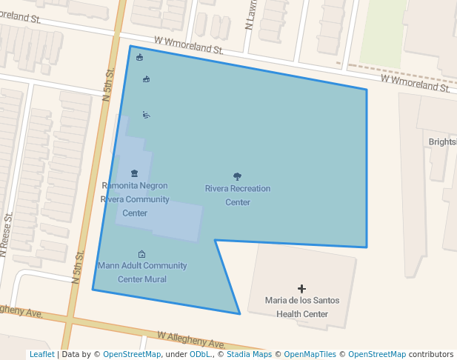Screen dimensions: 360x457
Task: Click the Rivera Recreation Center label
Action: [x=238, y=196]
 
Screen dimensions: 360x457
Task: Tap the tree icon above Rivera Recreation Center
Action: [x=237, y=176]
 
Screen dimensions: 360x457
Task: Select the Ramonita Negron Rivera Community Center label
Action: [x=135, y=199]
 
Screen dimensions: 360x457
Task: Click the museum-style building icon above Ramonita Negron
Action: [x=134, y=173]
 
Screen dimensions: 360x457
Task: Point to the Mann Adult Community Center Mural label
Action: [x=142, y=273]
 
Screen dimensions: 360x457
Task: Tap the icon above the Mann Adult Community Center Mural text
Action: [x=141, y=254]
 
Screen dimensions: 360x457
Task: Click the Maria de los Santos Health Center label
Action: [x=302, y=307]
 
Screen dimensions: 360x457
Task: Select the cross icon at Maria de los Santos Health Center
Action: [x=301, y=288]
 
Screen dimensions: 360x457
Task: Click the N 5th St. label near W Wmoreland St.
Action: [x=108, y=83]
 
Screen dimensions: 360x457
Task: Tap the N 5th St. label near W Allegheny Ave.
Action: [x=79, y=264]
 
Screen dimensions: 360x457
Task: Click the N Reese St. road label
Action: [x=7, y=235]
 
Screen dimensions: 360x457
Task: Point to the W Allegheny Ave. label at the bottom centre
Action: [x=191, y=341]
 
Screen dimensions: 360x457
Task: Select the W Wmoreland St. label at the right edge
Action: [x=416, y=83]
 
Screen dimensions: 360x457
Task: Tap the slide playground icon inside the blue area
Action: [x=147, y=115]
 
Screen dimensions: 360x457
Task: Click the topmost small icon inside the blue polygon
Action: [x=140, y=58]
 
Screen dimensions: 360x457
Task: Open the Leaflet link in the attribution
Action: [x=41, y=355]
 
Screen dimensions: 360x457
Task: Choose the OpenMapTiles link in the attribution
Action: [x=309, y=355]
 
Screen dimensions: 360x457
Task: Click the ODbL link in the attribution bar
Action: [x=199, y=355]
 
